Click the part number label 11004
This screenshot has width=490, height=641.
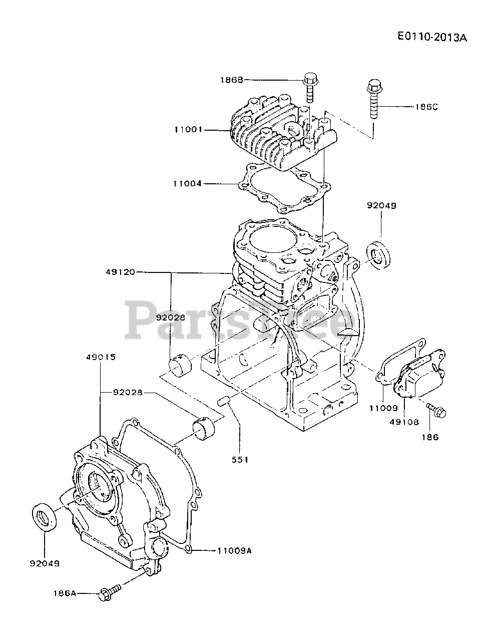(x=188, y=183)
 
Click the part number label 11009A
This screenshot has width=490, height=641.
(x=234, y=550)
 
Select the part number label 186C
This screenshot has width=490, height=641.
(x=427, y=107)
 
